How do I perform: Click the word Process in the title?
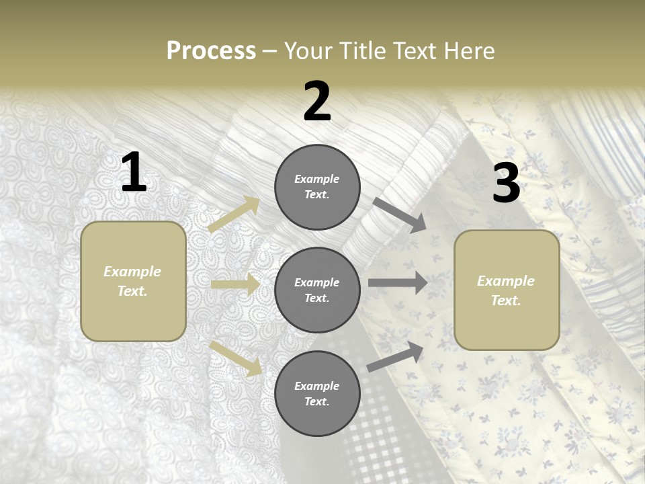coord(211,51)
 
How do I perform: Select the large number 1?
coord(134,173)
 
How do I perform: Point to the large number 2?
coord(317,102)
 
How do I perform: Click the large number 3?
coord(506,184)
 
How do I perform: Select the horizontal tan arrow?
coord(235,284)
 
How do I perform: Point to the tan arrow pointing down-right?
coord(236,358)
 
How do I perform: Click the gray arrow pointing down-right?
coord(400,214)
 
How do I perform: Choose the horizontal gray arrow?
coord(398,283)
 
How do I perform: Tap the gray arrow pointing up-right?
coord(396,356)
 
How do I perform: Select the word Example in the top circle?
coord(317,179)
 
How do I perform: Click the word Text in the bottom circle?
coord(316,401)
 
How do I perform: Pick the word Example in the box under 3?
coord(506,281)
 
